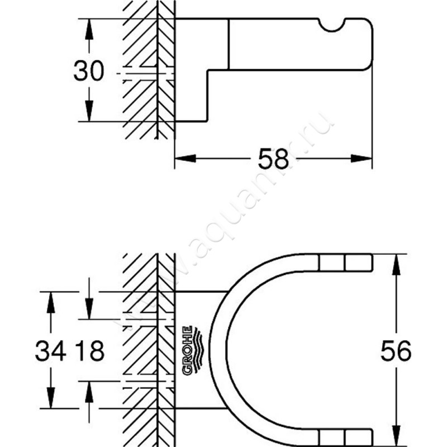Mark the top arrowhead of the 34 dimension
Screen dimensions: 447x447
(51, 299)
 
